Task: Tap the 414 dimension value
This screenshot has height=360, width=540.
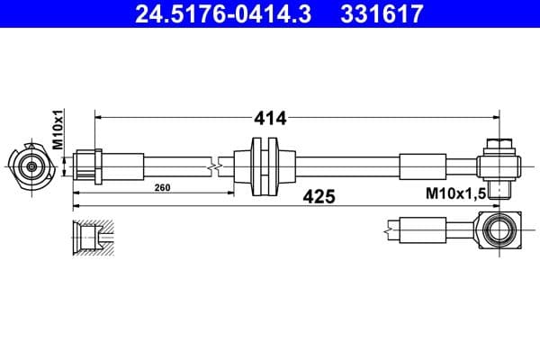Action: click(x=269, y=118)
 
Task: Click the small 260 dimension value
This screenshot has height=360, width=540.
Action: click(x=162, y=188)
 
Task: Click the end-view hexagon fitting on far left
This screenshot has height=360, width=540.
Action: click(x=32, y=166)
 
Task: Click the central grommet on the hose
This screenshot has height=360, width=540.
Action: click(x=265, y=166)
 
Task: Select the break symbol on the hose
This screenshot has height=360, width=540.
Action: click(x=213, y=166)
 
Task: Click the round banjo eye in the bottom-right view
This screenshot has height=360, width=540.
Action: click(x=499, y=231)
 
